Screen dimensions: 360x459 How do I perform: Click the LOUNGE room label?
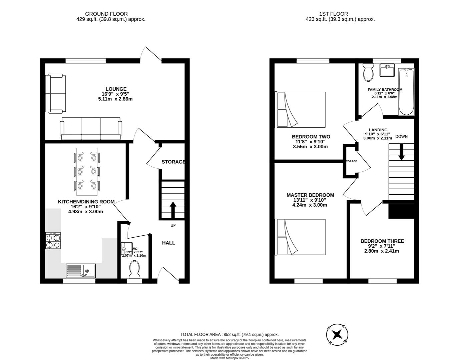coord(116,89)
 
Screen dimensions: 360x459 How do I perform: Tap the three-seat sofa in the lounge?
coord(90,129)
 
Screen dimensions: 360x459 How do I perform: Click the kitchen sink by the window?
coord(81,270)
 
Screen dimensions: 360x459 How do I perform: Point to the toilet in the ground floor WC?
coord(134,269)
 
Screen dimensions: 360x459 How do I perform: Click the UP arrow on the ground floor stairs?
coord(173,209)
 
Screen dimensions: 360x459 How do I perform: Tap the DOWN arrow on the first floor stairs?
coord(401,151)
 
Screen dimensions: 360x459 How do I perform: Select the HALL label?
coord(168,243)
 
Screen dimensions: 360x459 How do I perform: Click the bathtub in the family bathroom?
coord(406,92)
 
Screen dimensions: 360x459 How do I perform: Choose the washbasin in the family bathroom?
coord(387,71)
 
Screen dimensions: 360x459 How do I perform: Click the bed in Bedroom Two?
coord(300,110)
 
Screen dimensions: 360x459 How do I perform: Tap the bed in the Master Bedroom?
coord(300,237)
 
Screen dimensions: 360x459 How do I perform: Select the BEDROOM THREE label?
coord(382,241)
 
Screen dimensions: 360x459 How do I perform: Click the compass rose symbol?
coord(337,334)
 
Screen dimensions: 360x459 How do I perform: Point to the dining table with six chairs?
coord(87,172)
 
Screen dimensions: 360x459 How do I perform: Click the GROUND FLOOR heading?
coord(106,14)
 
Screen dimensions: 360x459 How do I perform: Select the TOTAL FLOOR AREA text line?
coord(229,334)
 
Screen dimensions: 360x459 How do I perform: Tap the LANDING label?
coord(378,130)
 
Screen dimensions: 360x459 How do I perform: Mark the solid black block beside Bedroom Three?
coord(401,210)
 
